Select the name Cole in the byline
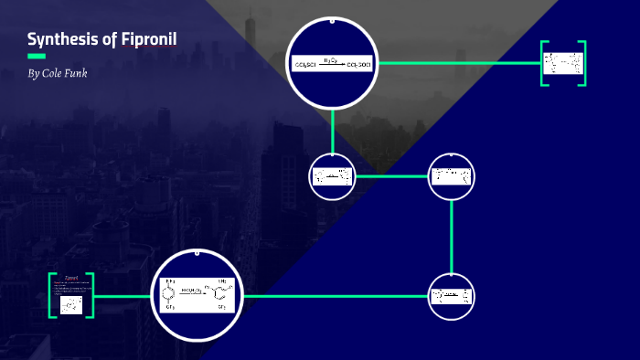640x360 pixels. pos(56,73)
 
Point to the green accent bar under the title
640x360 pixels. pos(37,56)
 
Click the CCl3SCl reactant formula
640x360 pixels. pos(305,66)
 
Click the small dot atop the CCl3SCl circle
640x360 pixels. pos(332,19)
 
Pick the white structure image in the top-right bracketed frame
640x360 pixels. pos(562,64)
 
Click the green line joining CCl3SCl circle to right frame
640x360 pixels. pos(457,63)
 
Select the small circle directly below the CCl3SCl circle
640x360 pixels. pos(332,176)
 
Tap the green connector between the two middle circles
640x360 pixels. pos(391,176)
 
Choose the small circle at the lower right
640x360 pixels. pos(452,297)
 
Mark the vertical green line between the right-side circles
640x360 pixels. pos(452,236)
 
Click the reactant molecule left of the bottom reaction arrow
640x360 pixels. pos(170,293)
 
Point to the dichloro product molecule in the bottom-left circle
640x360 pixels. pos(219,294)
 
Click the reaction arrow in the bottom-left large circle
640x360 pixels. pos(194,292)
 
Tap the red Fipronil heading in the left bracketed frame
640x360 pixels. pos(70,277)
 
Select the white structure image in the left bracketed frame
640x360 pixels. pos(71,305)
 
